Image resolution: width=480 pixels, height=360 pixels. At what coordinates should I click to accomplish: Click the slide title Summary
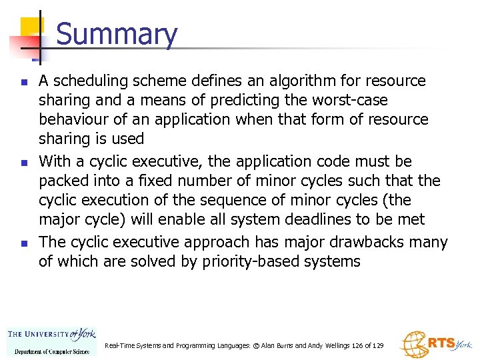tap(117, 35)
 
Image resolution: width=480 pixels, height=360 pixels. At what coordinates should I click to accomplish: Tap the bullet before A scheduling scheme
tap(24, 83)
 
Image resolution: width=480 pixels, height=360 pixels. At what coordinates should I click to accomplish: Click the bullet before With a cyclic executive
tap(24, 163)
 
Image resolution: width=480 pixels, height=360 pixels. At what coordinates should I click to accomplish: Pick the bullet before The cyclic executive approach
tap(24, 243)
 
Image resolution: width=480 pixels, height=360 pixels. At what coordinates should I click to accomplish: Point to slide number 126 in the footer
tap(355, 346)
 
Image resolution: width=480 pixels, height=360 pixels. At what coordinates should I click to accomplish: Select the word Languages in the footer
tap(230, 346)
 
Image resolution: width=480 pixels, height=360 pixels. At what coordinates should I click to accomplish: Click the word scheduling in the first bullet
tap(87, 81)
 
